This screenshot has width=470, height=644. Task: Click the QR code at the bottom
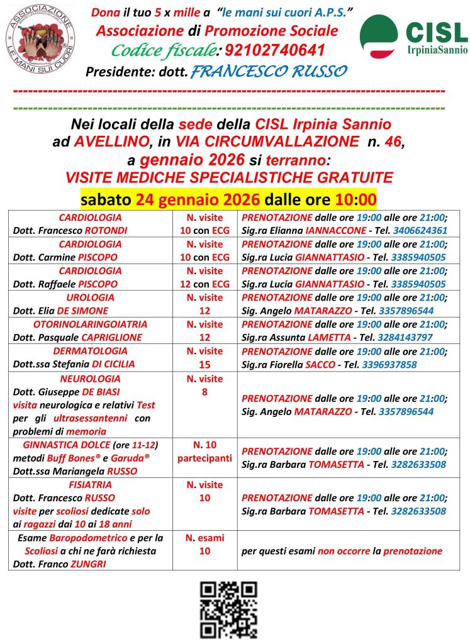[228, 609]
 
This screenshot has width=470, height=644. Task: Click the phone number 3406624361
[418, 230]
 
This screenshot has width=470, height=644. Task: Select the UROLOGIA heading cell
[90, 297]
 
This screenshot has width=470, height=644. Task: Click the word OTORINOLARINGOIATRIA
[90, 325]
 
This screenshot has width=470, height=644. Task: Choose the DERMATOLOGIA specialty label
[90, 351]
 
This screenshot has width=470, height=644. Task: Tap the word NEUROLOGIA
[90, 379]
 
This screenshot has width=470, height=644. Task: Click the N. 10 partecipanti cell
[204, 452]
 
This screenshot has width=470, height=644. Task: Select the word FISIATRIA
[90, 485]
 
